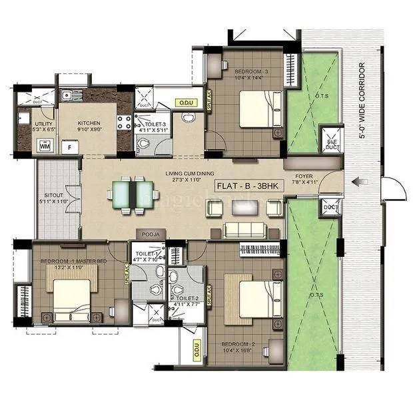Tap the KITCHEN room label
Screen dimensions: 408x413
[x=89, y=123]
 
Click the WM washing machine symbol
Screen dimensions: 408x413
[x=26, y=146]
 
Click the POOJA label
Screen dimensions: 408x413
[x=148, y=235]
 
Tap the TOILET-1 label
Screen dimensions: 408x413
[x=146, y=254]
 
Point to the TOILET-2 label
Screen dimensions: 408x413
[x=185, y=299]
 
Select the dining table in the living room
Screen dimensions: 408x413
[x=129, y=194]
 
